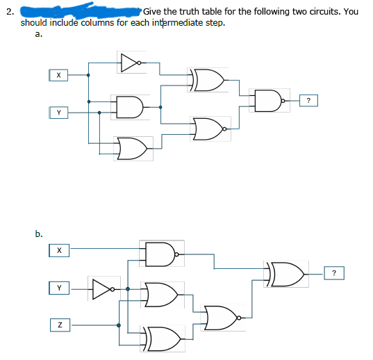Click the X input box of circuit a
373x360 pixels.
click(x=59, y=74)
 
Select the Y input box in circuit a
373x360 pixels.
click(x=59, y=111)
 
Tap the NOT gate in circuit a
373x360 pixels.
click(x=131, y=63)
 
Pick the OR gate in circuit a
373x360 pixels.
click(x=134, y=147)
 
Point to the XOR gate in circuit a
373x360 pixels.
click(x=206, y=80)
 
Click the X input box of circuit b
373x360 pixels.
click(x=59, y=249)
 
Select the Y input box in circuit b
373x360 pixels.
click(x=59, y=286)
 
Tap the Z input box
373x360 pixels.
click(x=59, y=323)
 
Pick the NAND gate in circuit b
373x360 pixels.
click(x=160, y=254)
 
